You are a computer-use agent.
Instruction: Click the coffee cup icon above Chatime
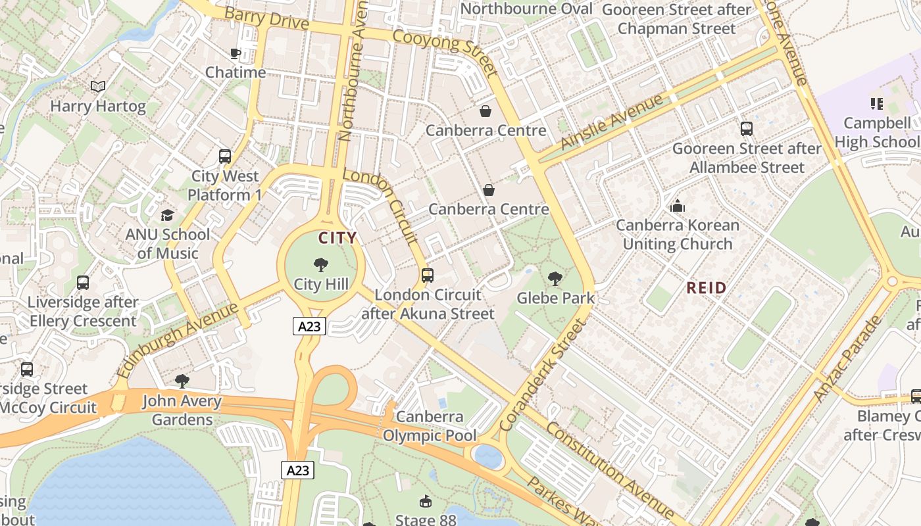(235, 53)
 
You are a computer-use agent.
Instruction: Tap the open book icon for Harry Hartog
(98, 87)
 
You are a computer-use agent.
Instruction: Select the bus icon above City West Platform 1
(225, 156)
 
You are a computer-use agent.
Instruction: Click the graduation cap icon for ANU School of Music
(168, 216)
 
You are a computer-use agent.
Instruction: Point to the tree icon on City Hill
(321, 265)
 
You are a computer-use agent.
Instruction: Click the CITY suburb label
(337, 238)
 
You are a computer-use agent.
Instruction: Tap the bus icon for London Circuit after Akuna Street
(428, 275)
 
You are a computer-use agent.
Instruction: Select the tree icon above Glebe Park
(555, 279)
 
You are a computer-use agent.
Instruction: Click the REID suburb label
(707, 287)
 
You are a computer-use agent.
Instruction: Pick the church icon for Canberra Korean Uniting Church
(678, 206)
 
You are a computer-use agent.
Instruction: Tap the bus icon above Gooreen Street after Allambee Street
(746, 129)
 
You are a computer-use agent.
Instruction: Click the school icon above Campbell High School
(876, 104)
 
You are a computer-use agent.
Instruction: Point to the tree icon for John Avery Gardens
(182, 381)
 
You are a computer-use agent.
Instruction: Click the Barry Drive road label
(266, 18)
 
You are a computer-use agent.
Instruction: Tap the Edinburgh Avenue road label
(177, 340)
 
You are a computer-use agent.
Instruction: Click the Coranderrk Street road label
(542, 375)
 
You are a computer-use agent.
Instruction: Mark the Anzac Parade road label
(847, 358)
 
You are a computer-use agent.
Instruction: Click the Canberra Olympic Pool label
(430, 426)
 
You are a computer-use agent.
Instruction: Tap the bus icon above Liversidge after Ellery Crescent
(83, 283)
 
